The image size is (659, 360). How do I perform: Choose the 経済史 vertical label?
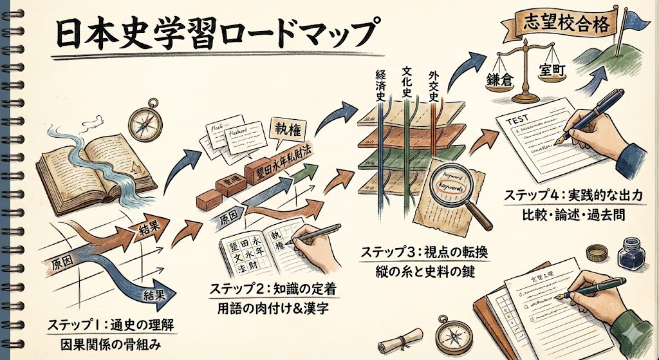(x=380, y=83)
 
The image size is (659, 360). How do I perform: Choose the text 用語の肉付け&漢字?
(x=272, y=308)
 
